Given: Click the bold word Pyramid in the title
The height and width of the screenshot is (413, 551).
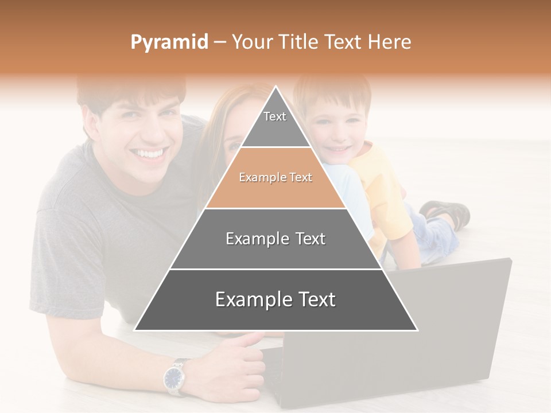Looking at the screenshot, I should click(x=169, y=42).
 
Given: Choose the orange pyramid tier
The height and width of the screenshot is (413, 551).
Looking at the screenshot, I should click(x=275, y=178).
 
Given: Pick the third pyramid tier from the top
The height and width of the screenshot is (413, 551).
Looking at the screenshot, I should click(x=275, y=239).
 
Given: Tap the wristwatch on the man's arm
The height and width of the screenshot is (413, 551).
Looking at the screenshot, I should click(x=173, y=377).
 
